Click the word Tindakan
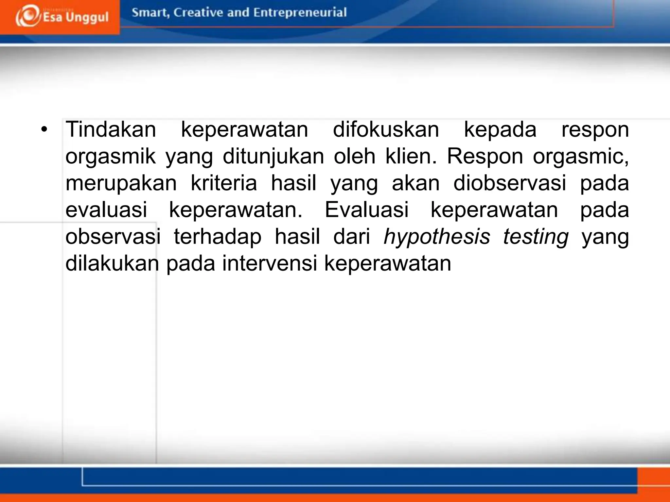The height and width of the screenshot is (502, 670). (111, 129)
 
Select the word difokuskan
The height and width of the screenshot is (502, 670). (386, 129)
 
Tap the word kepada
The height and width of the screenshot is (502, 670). (500, 129)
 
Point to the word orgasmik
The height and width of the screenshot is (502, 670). (111, 157)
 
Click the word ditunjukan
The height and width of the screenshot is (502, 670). (273, 157)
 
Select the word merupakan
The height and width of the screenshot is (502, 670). (121, 183)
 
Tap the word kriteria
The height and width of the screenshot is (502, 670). (224, 183)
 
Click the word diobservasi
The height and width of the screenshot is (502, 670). (509, 183)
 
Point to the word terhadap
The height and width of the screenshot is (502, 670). (218, 237)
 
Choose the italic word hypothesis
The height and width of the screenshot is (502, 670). (437, 237)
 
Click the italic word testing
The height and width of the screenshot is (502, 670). (536, 237)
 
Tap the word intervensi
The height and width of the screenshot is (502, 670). (270, 263)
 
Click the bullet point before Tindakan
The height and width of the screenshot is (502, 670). (44, 129)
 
